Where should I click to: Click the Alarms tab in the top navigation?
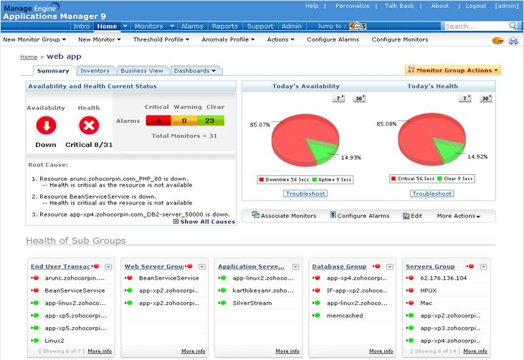[192, 27]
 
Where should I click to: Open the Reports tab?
[224, 27]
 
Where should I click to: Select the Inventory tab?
[95, 71]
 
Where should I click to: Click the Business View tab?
[142, 71]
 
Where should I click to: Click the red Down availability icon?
[46, 126]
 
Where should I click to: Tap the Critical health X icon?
[89, 126]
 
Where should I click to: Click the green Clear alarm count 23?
[211, 121]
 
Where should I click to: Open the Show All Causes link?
[207, 222]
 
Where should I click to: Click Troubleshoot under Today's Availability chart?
[305, 194]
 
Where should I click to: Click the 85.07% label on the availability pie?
[260, 125]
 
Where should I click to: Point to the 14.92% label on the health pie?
[477, 156]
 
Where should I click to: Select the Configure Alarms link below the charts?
[363, 216]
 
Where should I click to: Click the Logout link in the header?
[475, 6]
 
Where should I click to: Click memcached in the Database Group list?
[344, 315]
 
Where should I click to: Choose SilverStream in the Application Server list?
[252, 303]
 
